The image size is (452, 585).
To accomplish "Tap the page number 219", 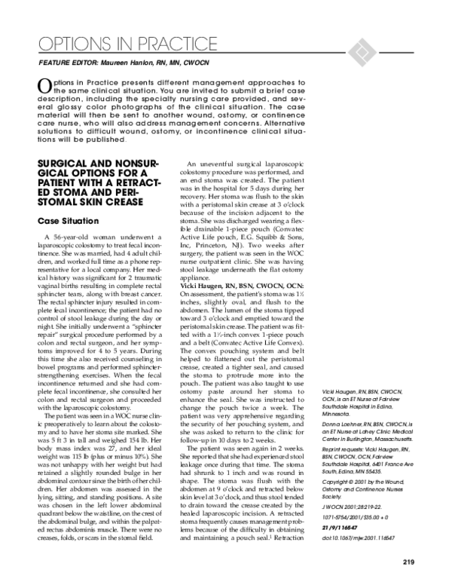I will pyautogui.click(x=408, y=560).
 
